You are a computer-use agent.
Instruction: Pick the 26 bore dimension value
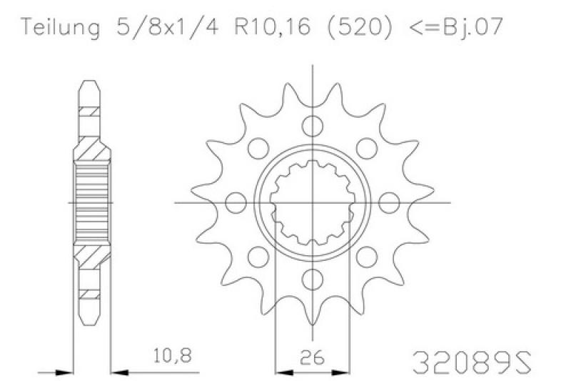[313, 355]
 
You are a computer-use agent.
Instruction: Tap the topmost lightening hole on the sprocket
[313, 126]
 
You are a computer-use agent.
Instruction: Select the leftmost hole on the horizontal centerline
[236, 203]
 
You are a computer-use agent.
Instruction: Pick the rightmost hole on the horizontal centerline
[389, 203]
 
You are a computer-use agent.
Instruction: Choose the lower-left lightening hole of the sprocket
[258, 257]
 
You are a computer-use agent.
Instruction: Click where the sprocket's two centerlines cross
[313, 203]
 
